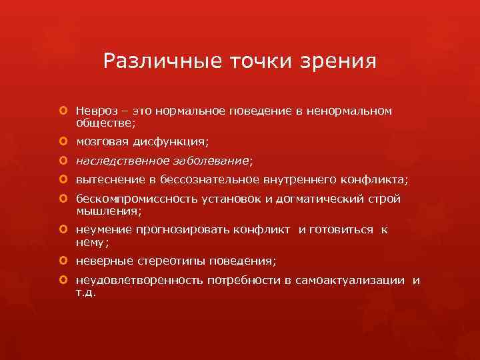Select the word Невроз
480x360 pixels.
[x=97, y=109]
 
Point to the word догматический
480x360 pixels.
[x=311, y=198]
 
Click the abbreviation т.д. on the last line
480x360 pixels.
[x=86, y=293]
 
